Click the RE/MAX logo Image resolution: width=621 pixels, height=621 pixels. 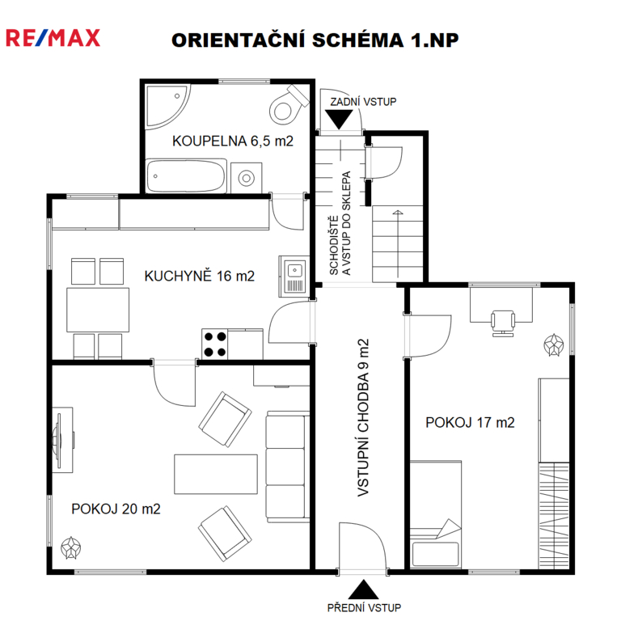pyautogui.click(x=53, y=38)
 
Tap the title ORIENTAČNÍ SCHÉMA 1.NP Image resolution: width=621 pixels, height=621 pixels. pyautogui.click(x=315, y=40)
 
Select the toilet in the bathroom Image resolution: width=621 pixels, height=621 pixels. pyautogui.click(x=289, y=104)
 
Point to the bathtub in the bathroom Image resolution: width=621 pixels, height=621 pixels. pyautogui.click(x=186, y=176)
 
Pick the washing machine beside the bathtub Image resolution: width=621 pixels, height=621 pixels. pyautogui.click(x=247, y=178)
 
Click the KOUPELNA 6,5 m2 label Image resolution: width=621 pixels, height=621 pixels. pyautogui.click(x=233, y=141)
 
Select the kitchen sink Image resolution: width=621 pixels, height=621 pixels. pyautogui.click(x=294, y=277)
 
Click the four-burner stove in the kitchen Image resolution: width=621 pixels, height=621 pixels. pyautogui.click(x=214, y=344)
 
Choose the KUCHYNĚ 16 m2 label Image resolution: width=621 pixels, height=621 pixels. pyautogui.click(x=199, y=276)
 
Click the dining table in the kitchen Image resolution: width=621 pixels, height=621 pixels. pyautogui.click(x=98, y=310)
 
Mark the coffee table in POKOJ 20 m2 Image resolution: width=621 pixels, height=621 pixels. pyautogui.click(x=216, y=474)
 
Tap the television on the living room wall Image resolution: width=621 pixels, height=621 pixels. pyautogui.click(x=59, y=440)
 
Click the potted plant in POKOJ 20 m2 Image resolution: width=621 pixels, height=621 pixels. pyautogui.click(x=71, y=547)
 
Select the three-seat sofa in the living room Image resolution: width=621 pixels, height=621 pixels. pyautogui.click(x=288, y=467)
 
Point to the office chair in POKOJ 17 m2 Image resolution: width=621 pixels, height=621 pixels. pyautogui.click(x=503, y=323)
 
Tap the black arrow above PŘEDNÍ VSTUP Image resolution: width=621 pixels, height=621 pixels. pyautogui.click(x=363, y=589)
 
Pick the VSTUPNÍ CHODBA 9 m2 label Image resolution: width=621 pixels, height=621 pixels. pyautogui.click(x=363, y=417)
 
